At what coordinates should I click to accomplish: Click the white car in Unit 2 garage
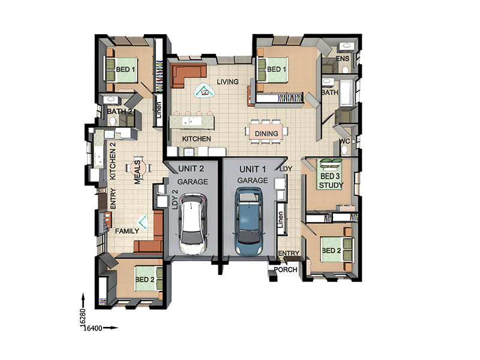click(193, 224)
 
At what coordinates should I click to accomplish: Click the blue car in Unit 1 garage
click(248, 221)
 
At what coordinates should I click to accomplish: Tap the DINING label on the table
click(266, 134)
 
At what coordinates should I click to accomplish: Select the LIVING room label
click(227, 82)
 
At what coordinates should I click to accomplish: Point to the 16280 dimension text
click(82, 319)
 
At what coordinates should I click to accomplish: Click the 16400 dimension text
click(93, 328)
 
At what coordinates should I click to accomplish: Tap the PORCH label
click(286, 269)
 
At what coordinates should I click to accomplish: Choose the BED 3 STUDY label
click(331, 181)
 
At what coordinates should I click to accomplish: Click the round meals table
click(137, 168)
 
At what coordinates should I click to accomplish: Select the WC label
click(344, 142)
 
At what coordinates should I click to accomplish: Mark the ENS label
click(342, 58)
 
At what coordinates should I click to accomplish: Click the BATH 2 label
click(119, 112)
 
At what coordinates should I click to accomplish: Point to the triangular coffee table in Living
click(204, 91)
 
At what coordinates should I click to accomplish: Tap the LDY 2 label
click(175, 200)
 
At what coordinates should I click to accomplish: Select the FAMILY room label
click(127, 231)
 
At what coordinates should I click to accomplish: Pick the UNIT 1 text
click(253, 169)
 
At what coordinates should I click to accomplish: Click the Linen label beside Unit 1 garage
click(280, 220)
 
